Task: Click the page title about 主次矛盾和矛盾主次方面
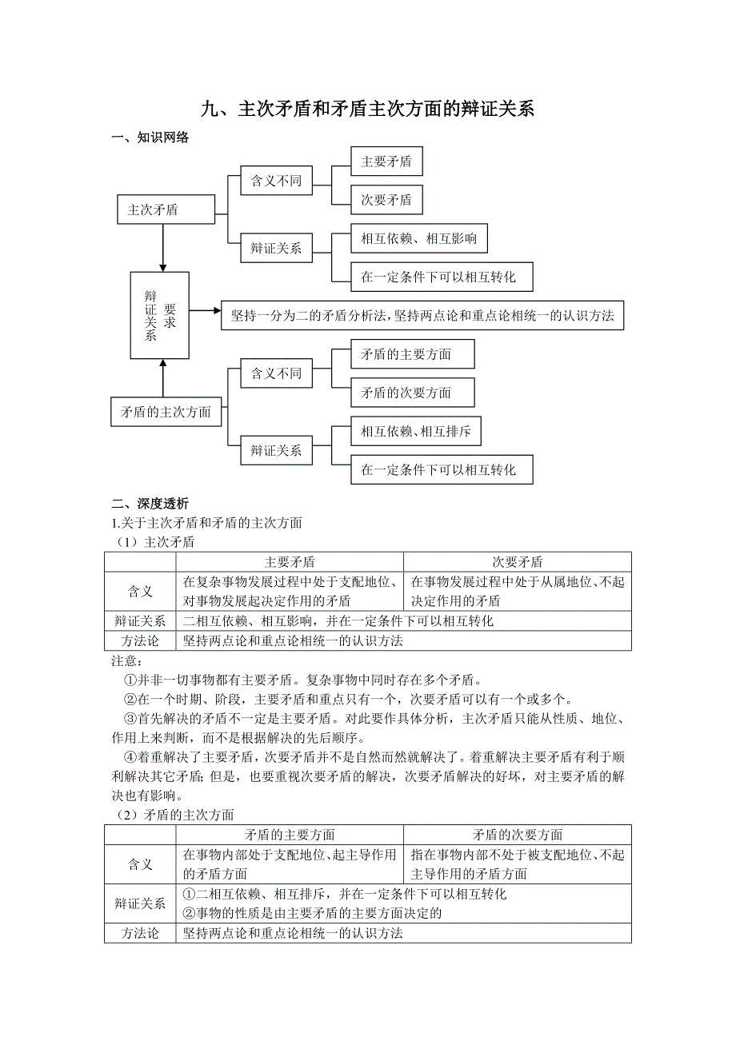367,110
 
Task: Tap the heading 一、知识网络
150,138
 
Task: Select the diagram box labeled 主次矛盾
166,210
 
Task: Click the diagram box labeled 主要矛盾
386,162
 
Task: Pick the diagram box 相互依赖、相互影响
418,238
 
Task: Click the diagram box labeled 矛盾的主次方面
166,413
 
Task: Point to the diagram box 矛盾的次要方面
412,393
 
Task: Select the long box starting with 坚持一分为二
422,315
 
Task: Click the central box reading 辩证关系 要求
160,315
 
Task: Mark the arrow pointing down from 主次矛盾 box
163,248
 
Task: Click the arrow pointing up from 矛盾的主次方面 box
163,377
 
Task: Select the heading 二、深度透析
150,504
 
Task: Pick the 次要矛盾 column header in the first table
517,562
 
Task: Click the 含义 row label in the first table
140,592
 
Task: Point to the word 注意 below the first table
126,660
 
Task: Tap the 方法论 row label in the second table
140,933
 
